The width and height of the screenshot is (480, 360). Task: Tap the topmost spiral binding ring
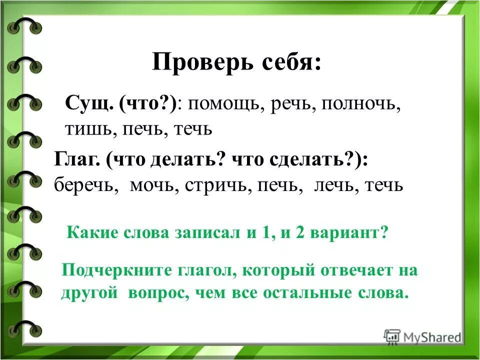pyautogui.click(x=24, y=25)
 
